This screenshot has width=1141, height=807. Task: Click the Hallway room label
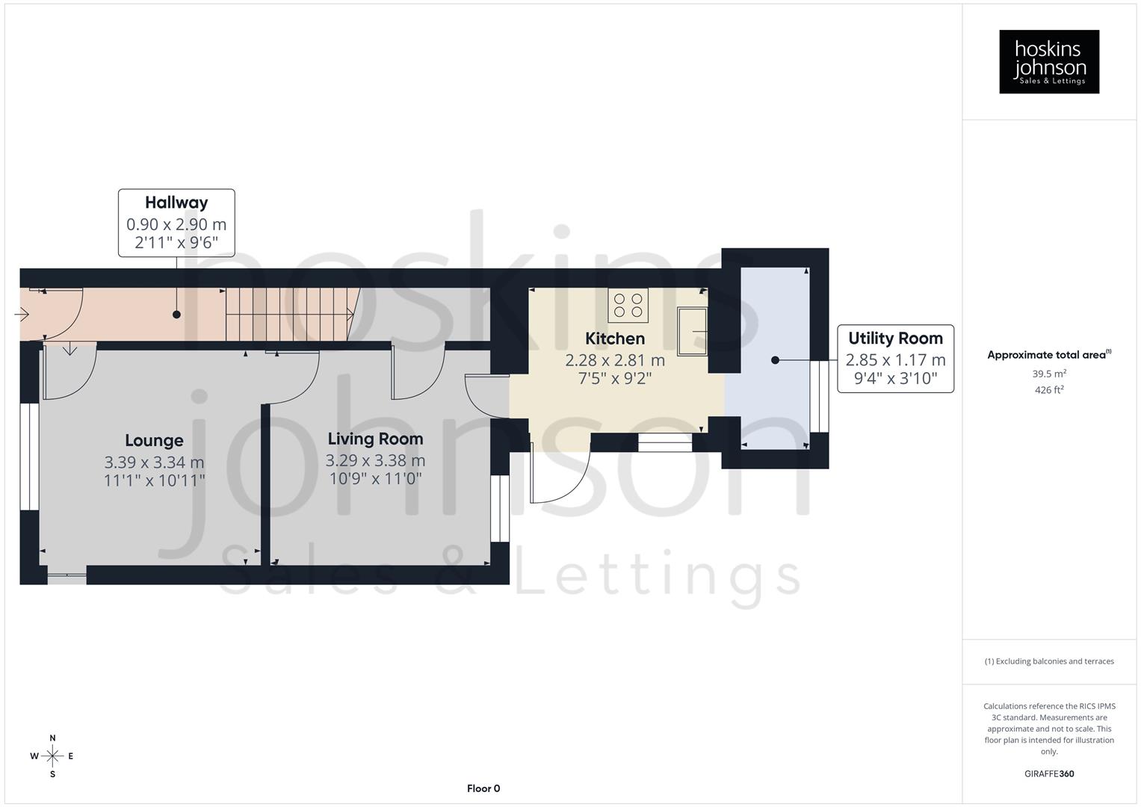(176, 202)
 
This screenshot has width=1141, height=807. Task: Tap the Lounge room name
(154, 441)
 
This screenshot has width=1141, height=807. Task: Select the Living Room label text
(375, 439)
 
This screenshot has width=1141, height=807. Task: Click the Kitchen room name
(614, 338)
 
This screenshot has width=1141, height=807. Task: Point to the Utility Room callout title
(895, 338)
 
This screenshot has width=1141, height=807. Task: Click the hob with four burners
(628, 305)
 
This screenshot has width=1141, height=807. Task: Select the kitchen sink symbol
(693, 330)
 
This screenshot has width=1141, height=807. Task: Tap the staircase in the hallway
(291, 315)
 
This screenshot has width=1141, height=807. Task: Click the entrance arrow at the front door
(22, 315)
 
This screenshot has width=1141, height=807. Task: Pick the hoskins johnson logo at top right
(1049, 62)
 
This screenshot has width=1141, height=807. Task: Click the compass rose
(52, 756)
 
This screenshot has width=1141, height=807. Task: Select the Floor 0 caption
(483, 788)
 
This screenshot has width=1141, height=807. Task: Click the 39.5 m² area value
(1049, 374)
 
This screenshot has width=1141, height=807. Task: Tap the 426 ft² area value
(1049, 390)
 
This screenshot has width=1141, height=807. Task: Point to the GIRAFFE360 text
(1049, 774)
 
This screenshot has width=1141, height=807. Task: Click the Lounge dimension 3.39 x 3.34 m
(154, 463)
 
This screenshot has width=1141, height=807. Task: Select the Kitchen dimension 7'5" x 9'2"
(614, 379)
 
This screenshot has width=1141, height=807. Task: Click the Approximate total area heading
(1048, 355)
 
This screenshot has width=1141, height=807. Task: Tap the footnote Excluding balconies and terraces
(1049, 661)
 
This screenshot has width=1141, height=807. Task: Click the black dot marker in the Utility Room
(775, 360)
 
